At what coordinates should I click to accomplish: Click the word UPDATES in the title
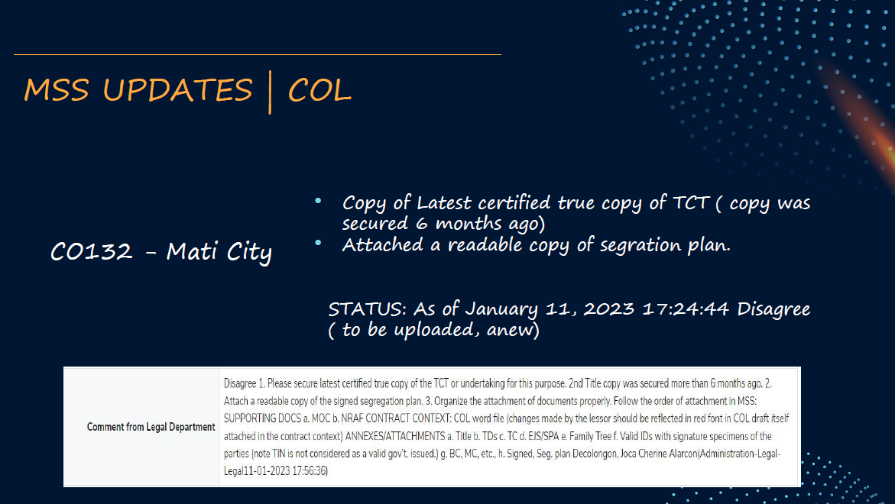pyautogui.click(x=177, y=90)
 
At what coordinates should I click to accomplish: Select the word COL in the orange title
pyautogui.click(x=319, y=90)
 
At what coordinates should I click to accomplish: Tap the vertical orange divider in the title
pyautogui.click(x=270, y=92)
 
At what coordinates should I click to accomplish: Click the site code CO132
pyautogui.click(x=91, y=251)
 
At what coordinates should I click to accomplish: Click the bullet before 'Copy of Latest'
pyautogui.click(x=318, y=201)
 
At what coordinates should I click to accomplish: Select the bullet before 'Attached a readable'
pyautogui.click(x=318, y=243)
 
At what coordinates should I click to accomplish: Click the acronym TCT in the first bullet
pyautogui.click(x=691, y=202)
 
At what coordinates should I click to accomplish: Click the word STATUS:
pyautogui.click(x=368, y=309)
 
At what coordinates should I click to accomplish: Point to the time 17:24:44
pyautogui.click(x=686, y=309)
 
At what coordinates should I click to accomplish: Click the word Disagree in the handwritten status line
pyautogui.click(x=773, y=309)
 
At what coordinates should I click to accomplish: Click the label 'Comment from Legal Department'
pyautogui.click(x=151, y=427)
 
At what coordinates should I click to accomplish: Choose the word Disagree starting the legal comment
pyautogui.click(x=240, y=383)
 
